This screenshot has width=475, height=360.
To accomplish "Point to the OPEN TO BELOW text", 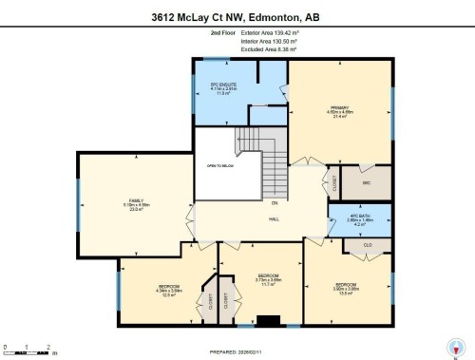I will point(219,166).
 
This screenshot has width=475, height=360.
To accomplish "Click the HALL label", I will point(275,218).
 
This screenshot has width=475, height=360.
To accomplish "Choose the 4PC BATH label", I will point(355,220).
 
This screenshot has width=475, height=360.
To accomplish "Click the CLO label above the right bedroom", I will point(367,245).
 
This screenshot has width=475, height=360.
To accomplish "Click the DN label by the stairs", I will point(274,202).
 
